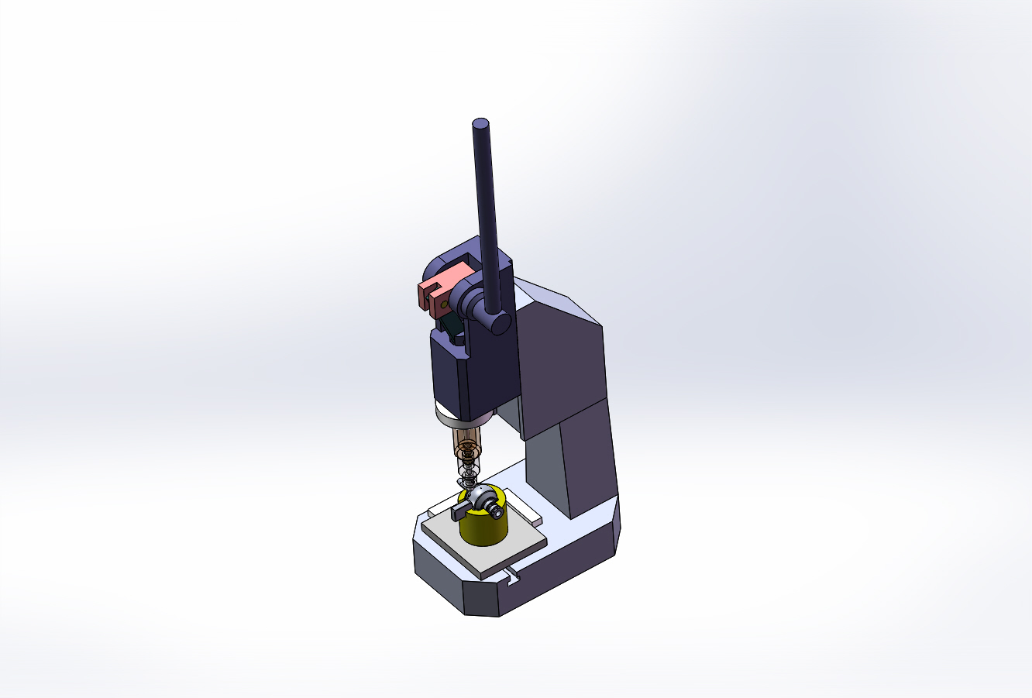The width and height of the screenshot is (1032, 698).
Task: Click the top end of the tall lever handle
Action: [x=481, y=124]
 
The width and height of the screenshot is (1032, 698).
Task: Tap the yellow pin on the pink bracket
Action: [x=442, y=305]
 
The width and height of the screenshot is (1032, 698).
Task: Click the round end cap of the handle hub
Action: [x=500, y=322]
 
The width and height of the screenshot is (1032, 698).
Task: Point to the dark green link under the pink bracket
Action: [x=450, y=328]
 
